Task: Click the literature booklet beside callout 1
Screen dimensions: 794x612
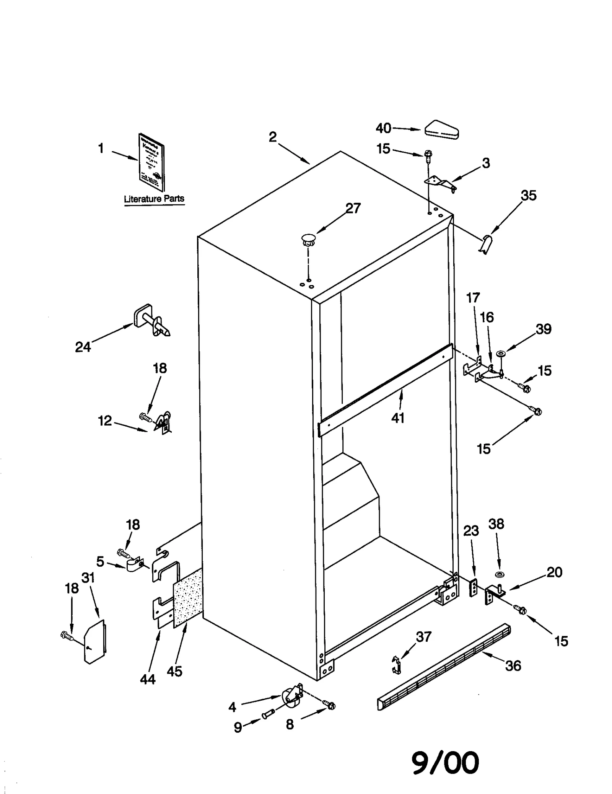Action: pyautogui.click(x=151, y=162)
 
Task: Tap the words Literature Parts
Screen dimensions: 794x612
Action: pyautogui.click(x=154, y=199)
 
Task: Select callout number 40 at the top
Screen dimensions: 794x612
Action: pyautogui.click(x=383, y=128)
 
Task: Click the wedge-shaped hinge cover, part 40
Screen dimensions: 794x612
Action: pyautogui.click(x=442, y=130)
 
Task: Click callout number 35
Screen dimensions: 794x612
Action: pyautogui.click(x=529, y=196)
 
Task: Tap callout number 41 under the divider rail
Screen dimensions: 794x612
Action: pyautogui.click(x=398, y=418)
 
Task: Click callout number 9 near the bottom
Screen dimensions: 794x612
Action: pyautogui.click(x=238, y=727)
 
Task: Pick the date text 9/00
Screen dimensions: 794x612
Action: pyautogui.click(x=445, y=762)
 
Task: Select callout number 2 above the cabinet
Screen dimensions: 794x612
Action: pyautogui.click(x=272, y=137)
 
